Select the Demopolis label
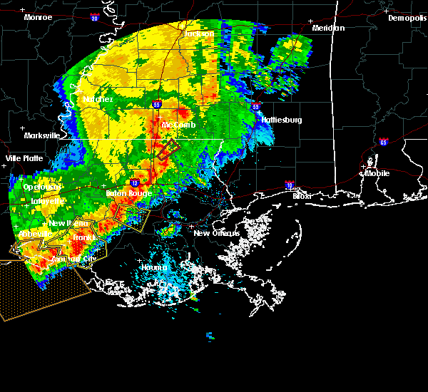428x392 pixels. point(407,18)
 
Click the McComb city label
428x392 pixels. point(178,125)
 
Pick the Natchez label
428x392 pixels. point(98,99)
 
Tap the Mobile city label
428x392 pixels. point(378,172)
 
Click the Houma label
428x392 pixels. point(154,268)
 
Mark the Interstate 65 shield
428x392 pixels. point(384,141)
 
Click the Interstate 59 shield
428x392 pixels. point(255,107)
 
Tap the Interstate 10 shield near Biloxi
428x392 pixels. point(290,184)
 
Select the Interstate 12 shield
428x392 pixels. point(133,182)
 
